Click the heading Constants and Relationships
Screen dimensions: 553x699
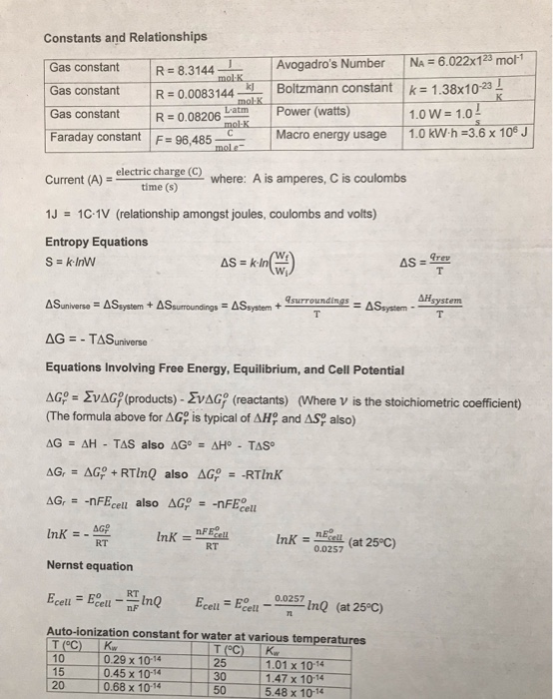(x=126, y=37)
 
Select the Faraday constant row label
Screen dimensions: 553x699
(x=95, y=136)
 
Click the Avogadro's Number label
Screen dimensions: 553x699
(x=330, y=64)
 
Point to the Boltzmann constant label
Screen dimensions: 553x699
(x=334, y=88)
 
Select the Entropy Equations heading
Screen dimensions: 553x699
(x=95, y=243)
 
